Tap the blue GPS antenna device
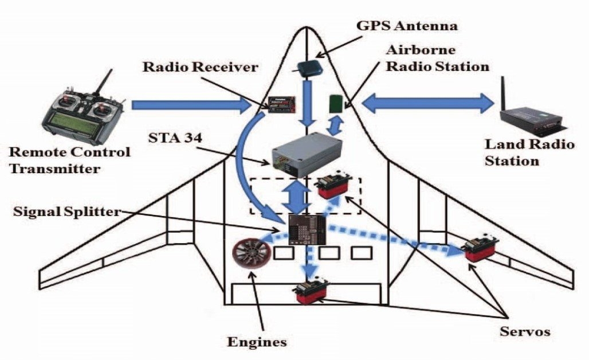tap(309, 68)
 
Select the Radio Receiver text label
tap(201, 68)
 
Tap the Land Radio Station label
tap(529, 152)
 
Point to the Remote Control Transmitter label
tap(69, 161)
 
